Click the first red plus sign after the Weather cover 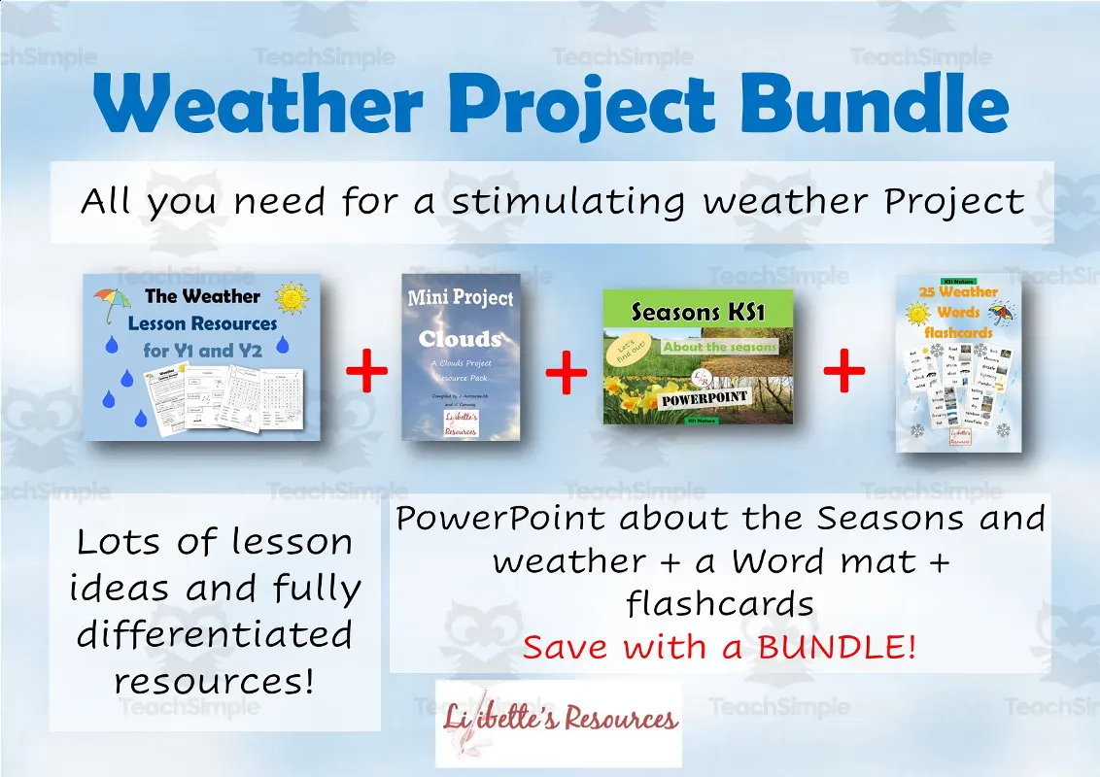pyautogui.click(x=366, y=374)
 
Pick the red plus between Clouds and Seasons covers pyautogui.click(x=567, y=374)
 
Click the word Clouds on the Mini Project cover pyautogui.click(x=460, y=339)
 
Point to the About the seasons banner pyautogui.click(x=720, y=347)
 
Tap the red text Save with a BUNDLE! pyautogui.click(x=719, y=647)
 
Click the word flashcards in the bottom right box pyautogui.click(x=720, y=604)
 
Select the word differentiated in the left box pyautogui.click(x=215, y=634)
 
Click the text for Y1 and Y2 pyautogui.click(x=203, y=351)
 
